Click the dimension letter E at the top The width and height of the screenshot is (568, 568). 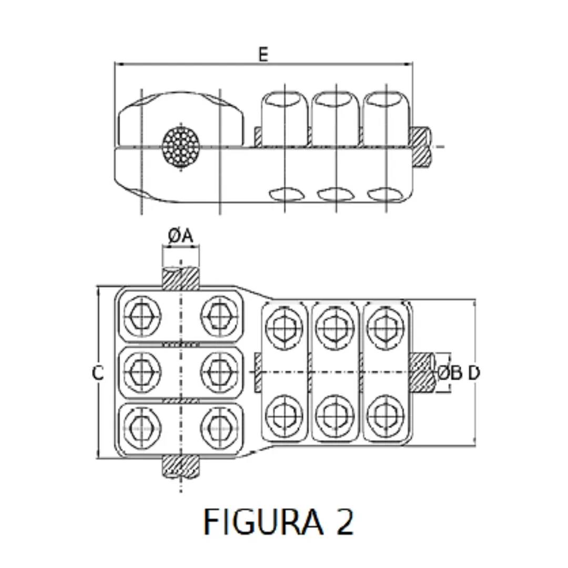263,55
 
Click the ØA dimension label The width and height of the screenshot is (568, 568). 181,237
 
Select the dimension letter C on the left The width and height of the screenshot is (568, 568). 97,373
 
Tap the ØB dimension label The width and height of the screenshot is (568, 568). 450,373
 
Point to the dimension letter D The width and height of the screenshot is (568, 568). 474,373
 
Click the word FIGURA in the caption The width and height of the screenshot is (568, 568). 262,522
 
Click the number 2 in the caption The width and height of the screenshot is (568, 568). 344,522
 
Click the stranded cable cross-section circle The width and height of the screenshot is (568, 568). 181,146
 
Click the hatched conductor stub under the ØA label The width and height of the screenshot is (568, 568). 181,278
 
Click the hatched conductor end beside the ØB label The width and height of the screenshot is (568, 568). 422,373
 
